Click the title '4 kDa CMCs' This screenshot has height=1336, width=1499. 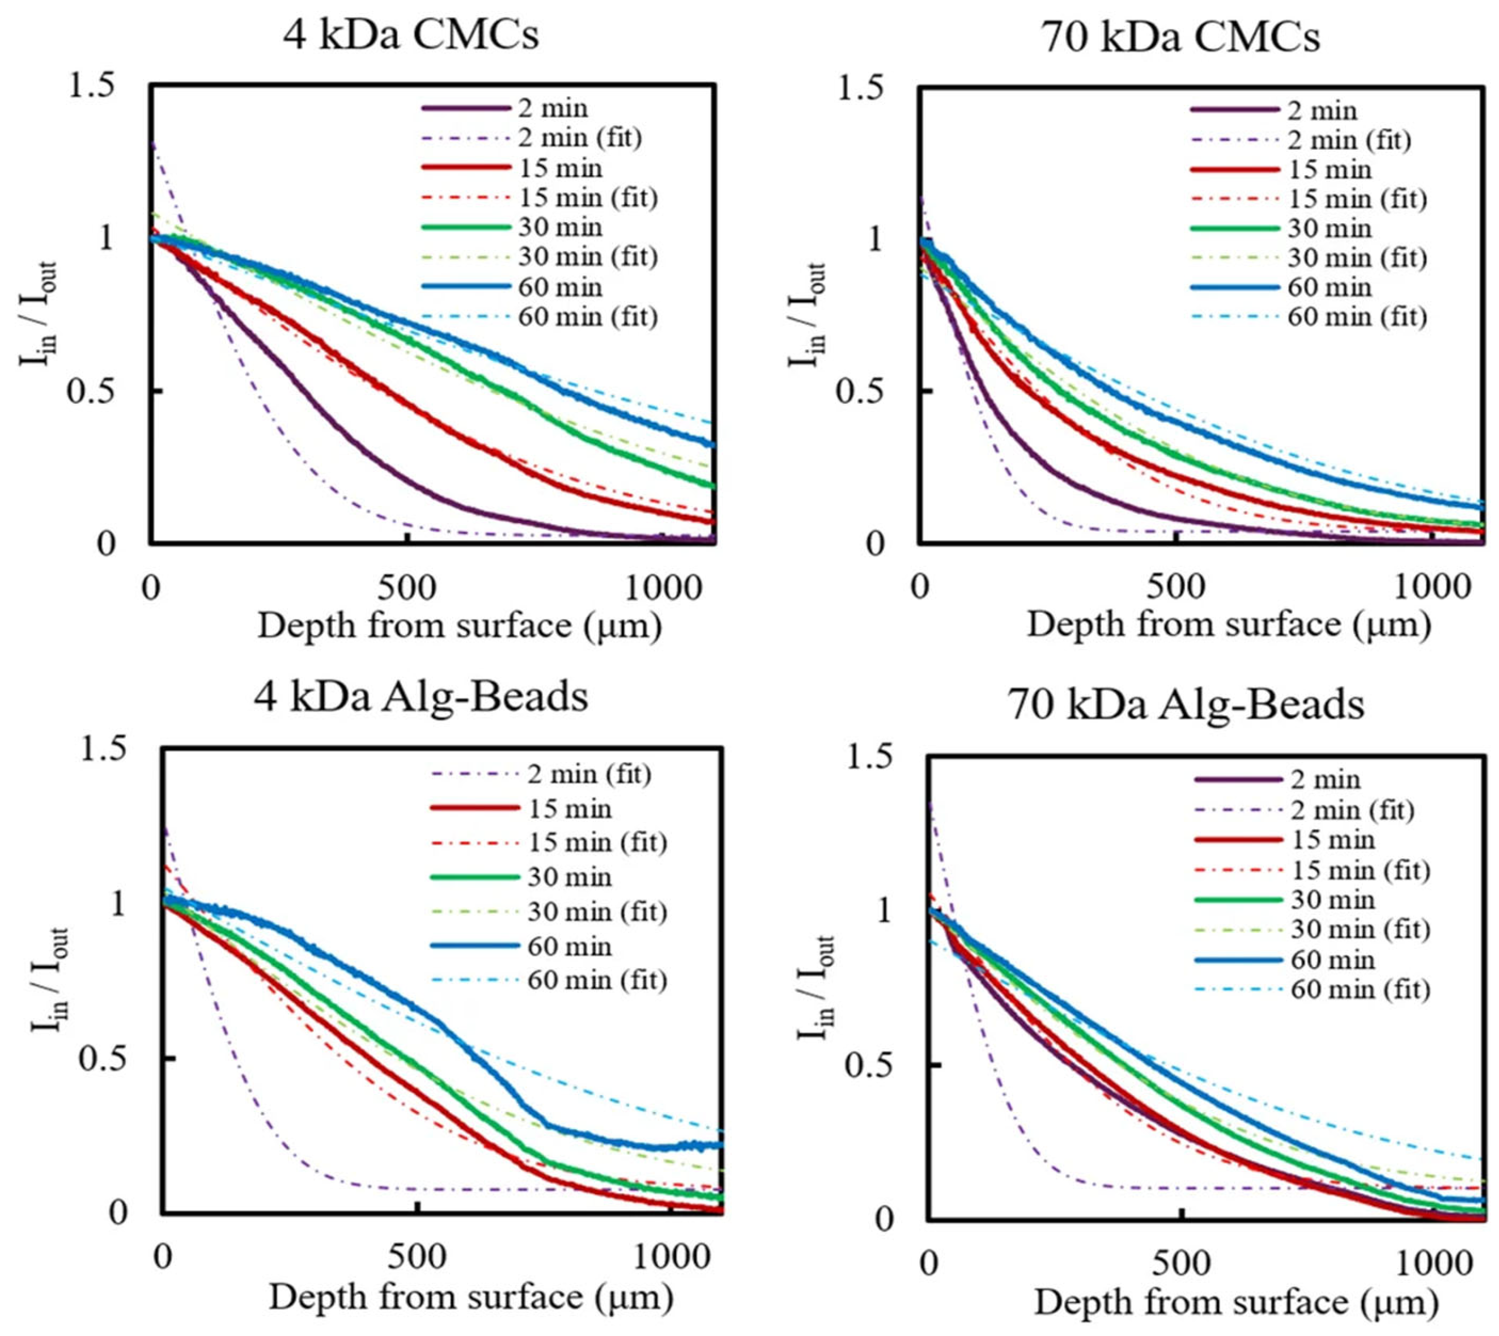tap(411, 35)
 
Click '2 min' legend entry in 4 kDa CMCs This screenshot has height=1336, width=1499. tap(552, 109)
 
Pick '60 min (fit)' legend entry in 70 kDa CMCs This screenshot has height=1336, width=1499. tap(1357, 317)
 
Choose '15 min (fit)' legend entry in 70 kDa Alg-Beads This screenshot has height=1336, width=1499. tap(1360, 871)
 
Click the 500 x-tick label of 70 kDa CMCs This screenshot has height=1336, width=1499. tap(1176, 589)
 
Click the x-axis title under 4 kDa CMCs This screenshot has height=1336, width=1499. tap(459, 627)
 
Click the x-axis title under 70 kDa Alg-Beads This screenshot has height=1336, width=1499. tap(1235, 1303)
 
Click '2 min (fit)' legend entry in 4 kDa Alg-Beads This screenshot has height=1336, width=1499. tap(589, 774)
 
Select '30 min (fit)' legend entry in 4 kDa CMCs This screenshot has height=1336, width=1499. tap(587, 257)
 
